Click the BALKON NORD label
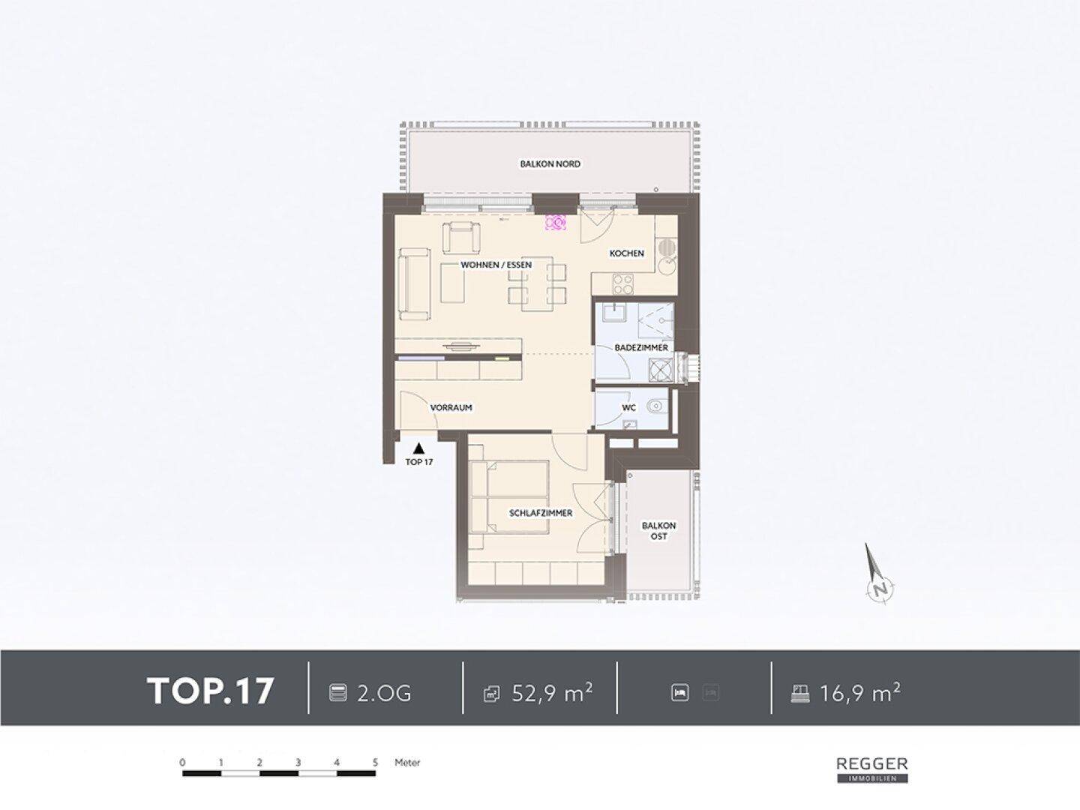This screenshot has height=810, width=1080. [x=550, y=163]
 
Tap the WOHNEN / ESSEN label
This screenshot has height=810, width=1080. [x=496, y=265]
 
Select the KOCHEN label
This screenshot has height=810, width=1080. [x=626, y=253]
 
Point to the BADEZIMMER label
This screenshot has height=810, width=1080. [x=641, y=348]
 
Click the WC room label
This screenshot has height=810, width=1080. [x=628, y=408]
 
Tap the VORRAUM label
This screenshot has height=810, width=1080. [x=451, y=408]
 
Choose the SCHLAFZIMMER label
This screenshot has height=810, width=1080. [x=541, y=513]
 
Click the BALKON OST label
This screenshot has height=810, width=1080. [x=658, y=531]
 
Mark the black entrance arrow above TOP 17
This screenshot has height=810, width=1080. [x=418, y=448]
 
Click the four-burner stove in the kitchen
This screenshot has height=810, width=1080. [x=623, y=283]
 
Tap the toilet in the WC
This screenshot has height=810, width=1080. [x=655, y=406]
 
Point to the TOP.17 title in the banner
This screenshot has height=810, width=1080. [x=210, y=691]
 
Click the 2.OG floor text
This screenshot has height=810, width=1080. [x=384, y=694]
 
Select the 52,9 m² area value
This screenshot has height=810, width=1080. [x=552, y=692]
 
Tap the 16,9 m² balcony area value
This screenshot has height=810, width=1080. [x=860, y=692]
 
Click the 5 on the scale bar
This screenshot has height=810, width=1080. [x=376, y=763]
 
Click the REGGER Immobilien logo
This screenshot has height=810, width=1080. [x=872, y=769]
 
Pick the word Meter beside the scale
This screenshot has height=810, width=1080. [x=407, y=763]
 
